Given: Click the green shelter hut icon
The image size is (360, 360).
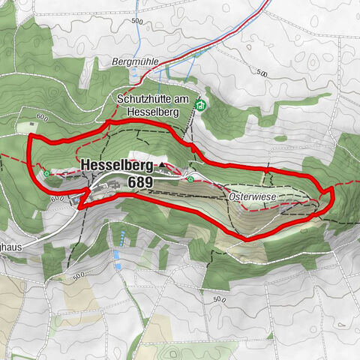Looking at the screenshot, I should (199, 106).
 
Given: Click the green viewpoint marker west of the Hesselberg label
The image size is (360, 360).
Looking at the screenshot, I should (47, 173).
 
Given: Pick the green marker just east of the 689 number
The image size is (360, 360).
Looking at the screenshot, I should (191, 179).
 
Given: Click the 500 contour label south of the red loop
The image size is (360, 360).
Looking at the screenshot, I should (218, 298).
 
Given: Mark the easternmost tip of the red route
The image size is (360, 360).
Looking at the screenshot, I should (331, 196).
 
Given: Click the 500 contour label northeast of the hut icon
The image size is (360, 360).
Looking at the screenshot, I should (261, 73).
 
